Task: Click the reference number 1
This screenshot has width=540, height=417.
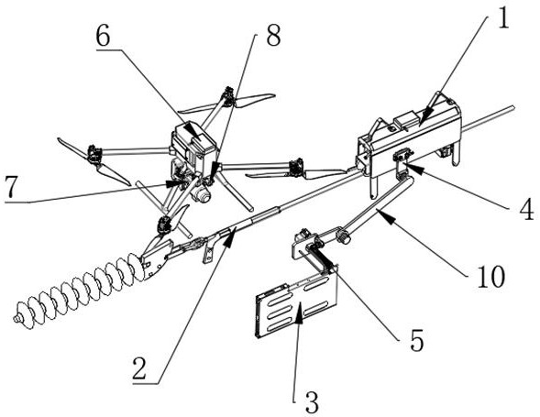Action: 502,18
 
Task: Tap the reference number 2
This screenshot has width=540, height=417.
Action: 139,368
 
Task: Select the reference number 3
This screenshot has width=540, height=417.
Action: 312,402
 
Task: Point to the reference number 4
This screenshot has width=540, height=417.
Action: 526,209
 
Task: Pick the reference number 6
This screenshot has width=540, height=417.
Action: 104,36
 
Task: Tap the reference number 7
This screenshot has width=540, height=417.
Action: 11,188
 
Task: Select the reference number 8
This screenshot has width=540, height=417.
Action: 273,35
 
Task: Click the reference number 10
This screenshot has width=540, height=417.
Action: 490,277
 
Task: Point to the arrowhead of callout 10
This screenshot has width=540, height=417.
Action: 386,217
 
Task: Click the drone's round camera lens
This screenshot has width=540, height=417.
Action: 203,195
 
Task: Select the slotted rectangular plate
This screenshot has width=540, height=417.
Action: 295,303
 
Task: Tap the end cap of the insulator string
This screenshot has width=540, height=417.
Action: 16,319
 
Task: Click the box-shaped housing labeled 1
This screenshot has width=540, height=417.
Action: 409,138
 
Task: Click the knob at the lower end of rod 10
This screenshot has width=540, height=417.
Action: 345,237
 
